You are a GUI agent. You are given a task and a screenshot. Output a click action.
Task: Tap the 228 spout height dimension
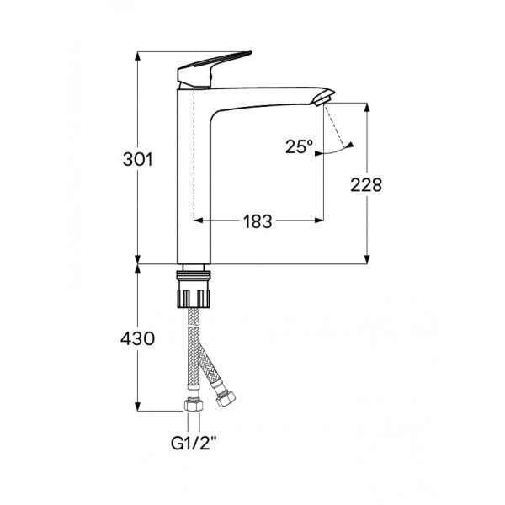coord(368,184)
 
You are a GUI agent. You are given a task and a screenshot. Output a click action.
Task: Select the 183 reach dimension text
coord(258,221)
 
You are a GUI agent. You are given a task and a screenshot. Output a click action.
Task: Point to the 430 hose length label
coord(138,339)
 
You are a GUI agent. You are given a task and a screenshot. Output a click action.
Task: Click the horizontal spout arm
coord(269,94)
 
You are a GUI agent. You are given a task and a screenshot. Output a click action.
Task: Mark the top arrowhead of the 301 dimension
coord(138,56)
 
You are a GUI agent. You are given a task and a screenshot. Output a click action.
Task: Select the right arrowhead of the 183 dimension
coord(319,221)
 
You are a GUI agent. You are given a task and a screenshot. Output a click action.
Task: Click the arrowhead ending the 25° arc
coord(351,144)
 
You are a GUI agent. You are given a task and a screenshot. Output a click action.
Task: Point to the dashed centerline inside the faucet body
coord(195,151)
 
